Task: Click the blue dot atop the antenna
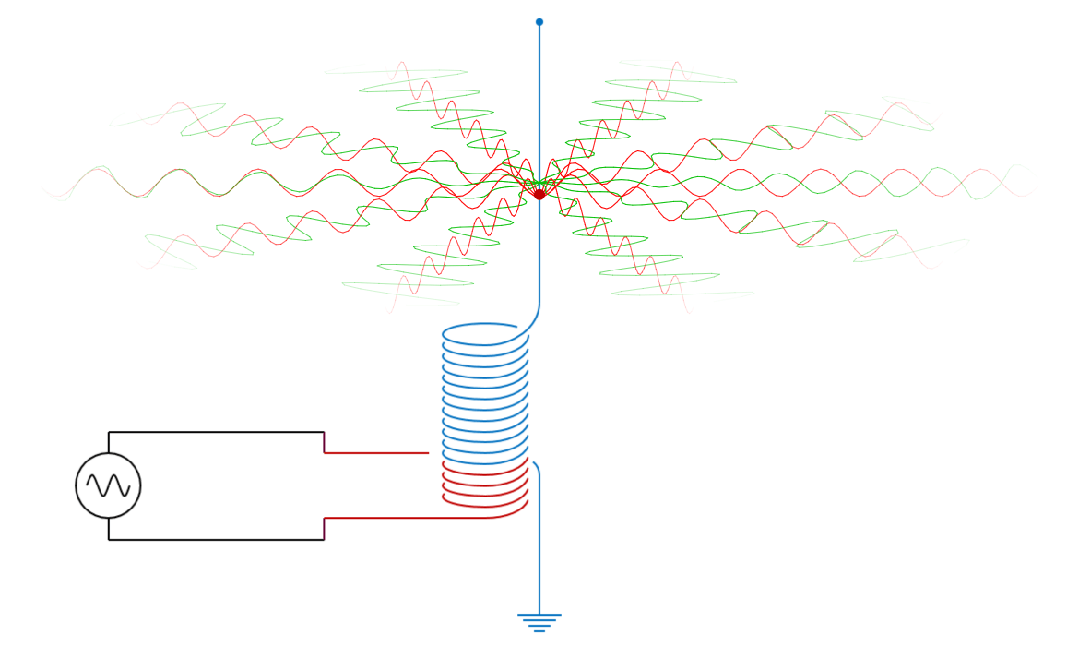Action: (x=539, y=22)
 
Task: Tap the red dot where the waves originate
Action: (x=539, y=195)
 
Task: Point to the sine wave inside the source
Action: (x=108, y=485)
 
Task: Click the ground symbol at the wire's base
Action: (x=539, y=622)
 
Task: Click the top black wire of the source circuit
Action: (x=217, y=432)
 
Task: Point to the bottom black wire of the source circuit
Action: (x=217, y=540)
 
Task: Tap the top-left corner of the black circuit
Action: (x=109, y=432)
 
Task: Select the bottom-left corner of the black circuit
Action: (x=109, y=540)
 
